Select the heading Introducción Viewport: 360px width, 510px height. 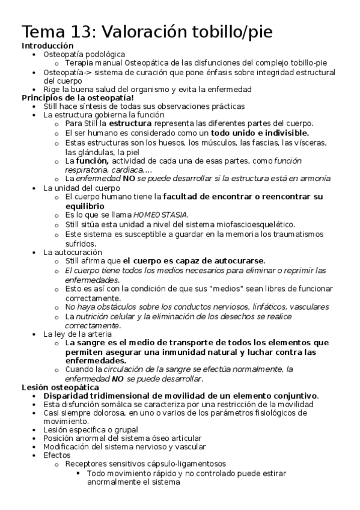click(x=48, y=46)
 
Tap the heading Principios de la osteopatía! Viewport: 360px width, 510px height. click(x=78, y=97)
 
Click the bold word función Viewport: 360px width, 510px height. click(x=93, y=161)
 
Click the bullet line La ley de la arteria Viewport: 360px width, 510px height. click(x=78, y=334)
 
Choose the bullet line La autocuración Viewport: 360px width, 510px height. click(x=73, y=252)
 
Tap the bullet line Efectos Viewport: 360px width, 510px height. click(x=57, y=455)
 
